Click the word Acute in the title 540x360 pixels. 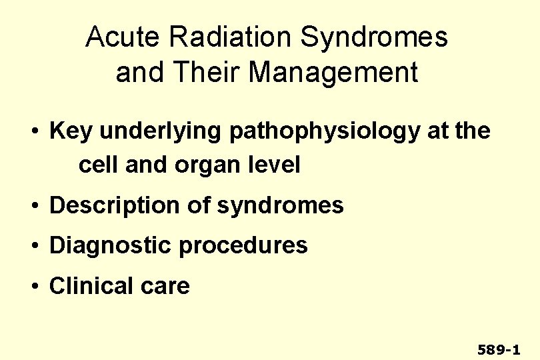117,38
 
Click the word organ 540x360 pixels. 199,165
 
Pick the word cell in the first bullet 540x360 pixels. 97,165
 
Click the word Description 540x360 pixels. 115,205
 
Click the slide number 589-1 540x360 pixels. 499,349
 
